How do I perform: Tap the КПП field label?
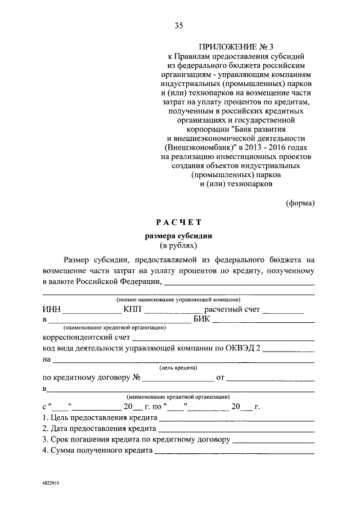click(131, 309)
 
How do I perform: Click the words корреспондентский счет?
click(85, 339)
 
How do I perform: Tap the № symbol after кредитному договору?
click(136, 377)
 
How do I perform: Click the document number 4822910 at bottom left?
click(50, 483)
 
